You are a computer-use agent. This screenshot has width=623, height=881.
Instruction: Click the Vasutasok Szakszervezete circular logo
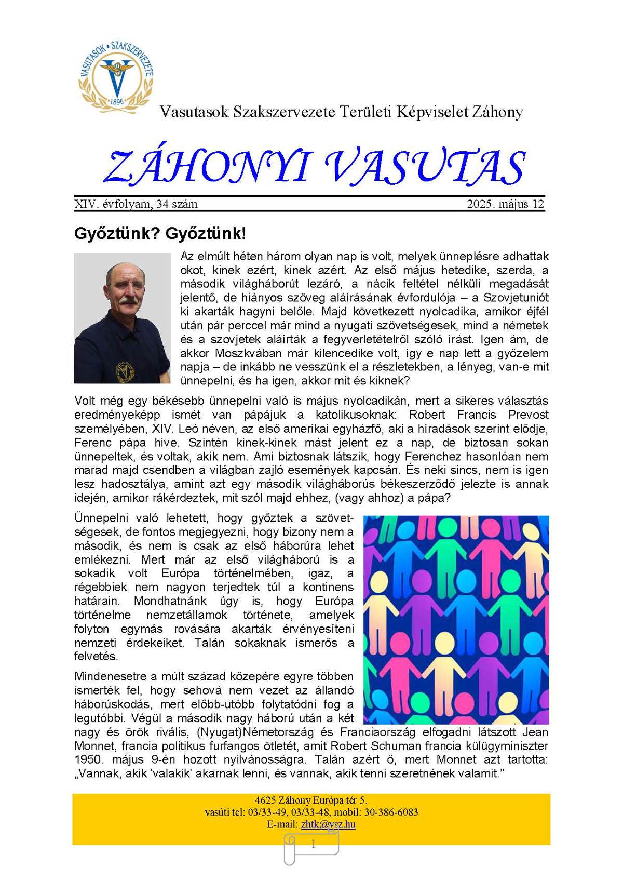pyautogui.click(x=116, y=74)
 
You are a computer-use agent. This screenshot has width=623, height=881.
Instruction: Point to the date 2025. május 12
pyautogui.click(x=505, y=204)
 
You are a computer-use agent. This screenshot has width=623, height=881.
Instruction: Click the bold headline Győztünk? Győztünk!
pyautogui.click(x=160, y=233)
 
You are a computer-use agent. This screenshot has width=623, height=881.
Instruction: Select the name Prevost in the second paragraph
pyautogui.click(x=527, y=415)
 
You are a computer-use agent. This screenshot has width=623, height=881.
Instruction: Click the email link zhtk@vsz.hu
pyautogui.click(x=328, y=824)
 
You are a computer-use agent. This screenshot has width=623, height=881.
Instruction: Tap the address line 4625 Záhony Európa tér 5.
pyautogui.click(x=311, y=800)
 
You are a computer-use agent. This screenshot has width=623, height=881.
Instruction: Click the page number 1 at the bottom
pyautogui.click(x=313, y=845)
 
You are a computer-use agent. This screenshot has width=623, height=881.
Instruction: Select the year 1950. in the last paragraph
pyautogui.click(x=90, y=759)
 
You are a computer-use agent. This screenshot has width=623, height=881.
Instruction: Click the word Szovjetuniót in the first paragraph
pyautogui.click(x=516, y=298)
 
